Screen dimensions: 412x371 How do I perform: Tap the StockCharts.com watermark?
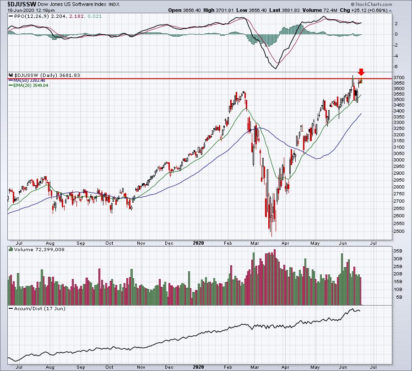(x=372, y=4)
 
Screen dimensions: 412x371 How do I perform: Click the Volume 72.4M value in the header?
(x=320, y=10)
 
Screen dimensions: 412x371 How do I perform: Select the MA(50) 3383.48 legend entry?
(x=29, y=81)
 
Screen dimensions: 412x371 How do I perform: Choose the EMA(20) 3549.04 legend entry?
(x=31, y=86)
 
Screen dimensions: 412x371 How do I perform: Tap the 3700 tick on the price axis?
(x=399, y=78)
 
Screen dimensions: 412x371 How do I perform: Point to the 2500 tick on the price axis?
(x=399, y=231)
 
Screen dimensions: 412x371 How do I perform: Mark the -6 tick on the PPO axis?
(x=396, y=67)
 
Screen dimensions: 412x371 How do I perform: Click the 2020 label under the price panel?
(x=198, y=243)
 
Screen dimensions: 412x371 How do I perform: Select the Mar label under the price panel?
(x=255, y=243)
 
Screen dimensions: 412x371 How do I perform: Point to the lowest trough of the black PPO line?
(x=276, y=69)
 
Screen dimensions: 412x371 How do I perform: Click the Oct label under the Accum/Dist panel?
(x=109, y=367)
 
